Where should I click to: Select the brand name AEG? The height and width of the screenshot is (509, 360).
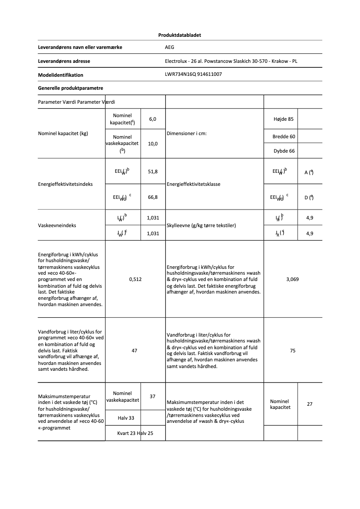pos(169,47)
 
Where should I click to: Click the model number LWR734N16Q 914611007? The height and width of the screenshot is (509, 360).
pos(193,75)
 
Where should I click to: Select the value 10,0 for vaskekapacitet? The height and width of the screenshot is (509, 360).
pos(153,144)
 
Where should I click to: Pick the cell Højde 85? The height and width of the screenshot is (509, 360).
pos(283,119)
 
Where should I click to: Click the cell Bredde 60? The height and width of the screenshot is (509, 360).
pos(284,136)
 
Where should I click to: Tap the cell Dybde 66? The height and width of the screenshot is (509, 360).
pos(284,151)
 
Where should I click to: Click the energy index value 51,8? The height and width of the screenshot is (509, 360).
pos(153,172)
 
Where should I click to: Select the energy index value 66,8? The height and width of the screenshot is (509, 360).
pos(153,197)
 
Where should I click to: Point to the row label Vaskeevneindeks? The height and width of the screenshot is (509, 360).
pos(57,225)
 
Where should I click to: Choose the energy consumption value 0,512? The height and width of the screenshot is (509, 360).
pos(135,279)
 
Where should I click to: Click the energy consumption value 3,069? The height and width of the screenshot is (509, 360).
pos(293,279)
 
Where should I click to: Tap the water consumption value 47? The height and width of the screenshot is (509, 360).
pos(134,351)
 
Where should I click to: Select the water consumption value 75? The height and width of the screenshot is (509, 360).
pos(293,351)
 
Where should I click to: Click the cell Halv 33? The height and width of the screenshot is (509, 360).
pos(126,418)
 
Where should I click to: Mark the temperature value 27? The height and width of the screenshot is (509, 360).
pos(310,404)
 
